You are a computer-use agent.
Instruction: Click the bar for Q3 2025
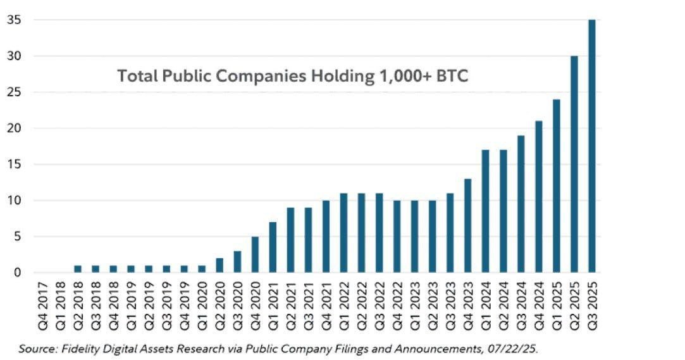tap(591, 146)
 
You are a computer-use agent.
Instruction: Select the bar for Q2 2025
tap(574, 164)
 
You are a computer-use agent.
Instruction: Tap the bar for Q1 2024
tap(486, 211)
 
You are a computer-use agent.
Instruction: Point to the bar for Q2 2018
tap(78, 269)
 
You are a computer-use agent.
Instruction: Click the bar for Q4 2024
tap(538, 197)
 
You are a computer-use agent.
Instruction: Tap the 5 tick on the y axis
tap(18, 237)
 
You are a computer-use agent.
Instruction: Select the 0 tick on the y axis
tap(18, 273)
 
